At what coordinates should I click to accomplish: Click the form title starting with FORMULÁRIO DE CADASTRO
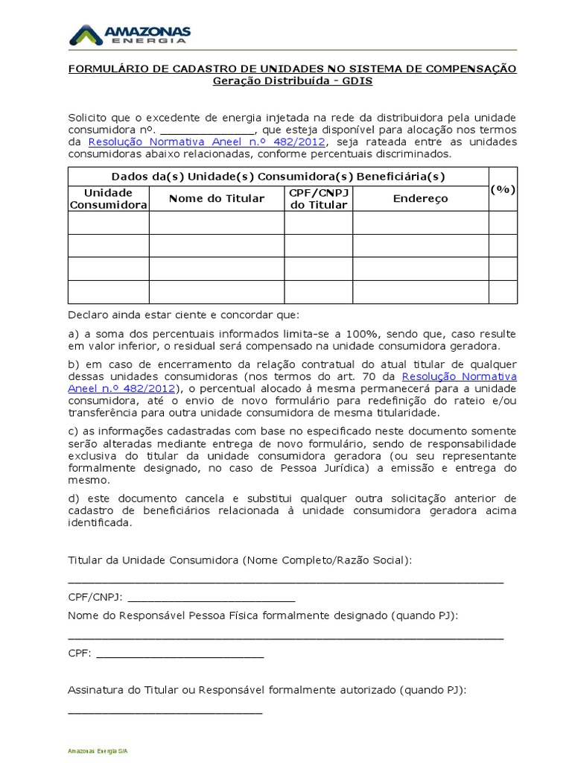click(292, 69)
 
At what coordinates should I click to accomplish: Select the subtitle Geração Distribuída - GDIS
click(292, 80)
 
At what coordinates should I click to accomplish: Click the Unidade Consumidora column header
click(109, 198)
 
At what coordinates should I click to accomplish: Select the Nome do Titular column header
click(216, 198)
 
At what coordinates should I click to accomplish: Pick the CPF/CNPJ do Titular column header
click(318, 198)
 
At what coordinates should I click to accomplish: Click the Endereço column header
click(420, 198)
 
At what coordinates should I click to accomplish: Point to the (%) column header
click(503, 189)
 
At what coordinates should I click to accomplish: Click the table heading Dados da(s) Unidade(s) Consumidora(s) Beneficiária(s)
click(278, 177)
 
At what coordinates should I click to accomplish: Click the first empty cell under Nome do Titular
click(216, 223)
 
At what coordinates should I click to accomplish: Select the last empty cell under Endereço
click(420, 292)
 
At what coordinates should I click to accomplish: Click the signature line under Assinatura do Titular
click(165, 712)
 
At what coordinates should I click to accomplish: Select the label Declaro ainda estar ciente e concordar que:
click(183, 314)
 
